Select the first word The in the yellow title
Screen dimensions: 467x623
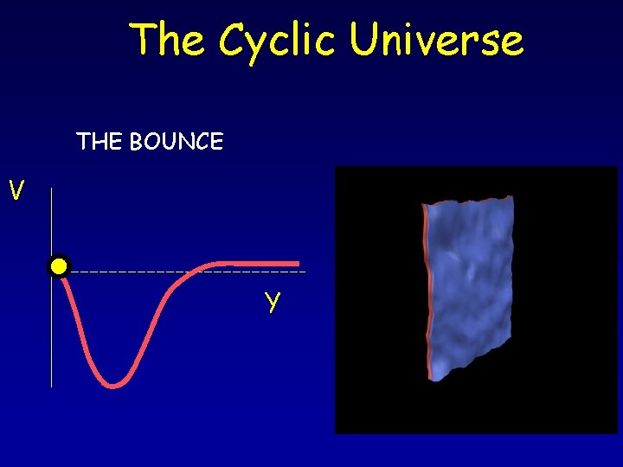coord(170,40)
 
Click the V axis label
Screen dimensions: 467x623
coord(16,189)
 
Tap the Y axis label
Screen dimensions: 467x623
coord(273,302)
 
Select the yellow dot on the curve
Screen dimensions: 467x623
coord(59,266)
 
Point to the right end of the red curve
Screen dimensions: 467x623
coord(298,262)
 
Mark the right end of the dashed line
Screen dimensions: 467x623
coord(305,272)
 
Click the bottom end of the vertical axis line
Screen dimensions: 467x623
coord(51,386)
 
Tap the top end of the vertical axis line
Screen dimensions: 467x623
coord(51,188)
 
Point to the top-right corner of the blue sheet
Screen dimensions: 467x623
coord(511,198)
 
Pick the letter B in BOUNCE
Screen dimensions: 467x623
coord(137,142)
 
